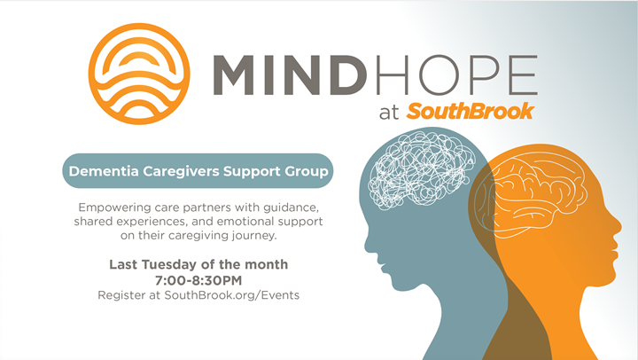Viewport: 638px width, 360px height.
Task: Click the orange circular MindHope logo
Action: (139, 74)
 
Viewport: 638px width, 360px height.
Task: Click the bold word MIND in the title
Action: (289, 75)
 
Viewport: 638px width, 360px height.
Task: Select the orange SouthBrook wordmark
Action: (470, 111)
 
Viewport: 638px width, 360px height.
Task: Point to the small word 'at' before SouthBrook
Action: (389, 113)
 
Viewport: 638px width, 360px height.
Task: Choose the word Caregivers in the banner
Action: (181, 171)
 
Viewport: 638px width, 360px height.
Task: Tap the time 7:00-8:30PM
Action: (198, 280)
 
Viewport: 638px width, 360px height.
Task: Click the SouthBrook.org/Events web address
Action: (232, 295)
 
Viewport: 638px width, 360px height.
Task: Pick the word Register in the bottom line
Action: (123, 295)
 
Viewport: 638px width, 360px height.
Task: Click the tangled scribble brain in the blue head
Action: (421, 170)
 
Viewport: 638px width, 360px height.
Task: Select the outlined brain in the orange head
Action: (531, 195)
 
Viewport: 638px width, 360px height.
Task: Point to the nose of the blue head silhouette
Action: (367, 245)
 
